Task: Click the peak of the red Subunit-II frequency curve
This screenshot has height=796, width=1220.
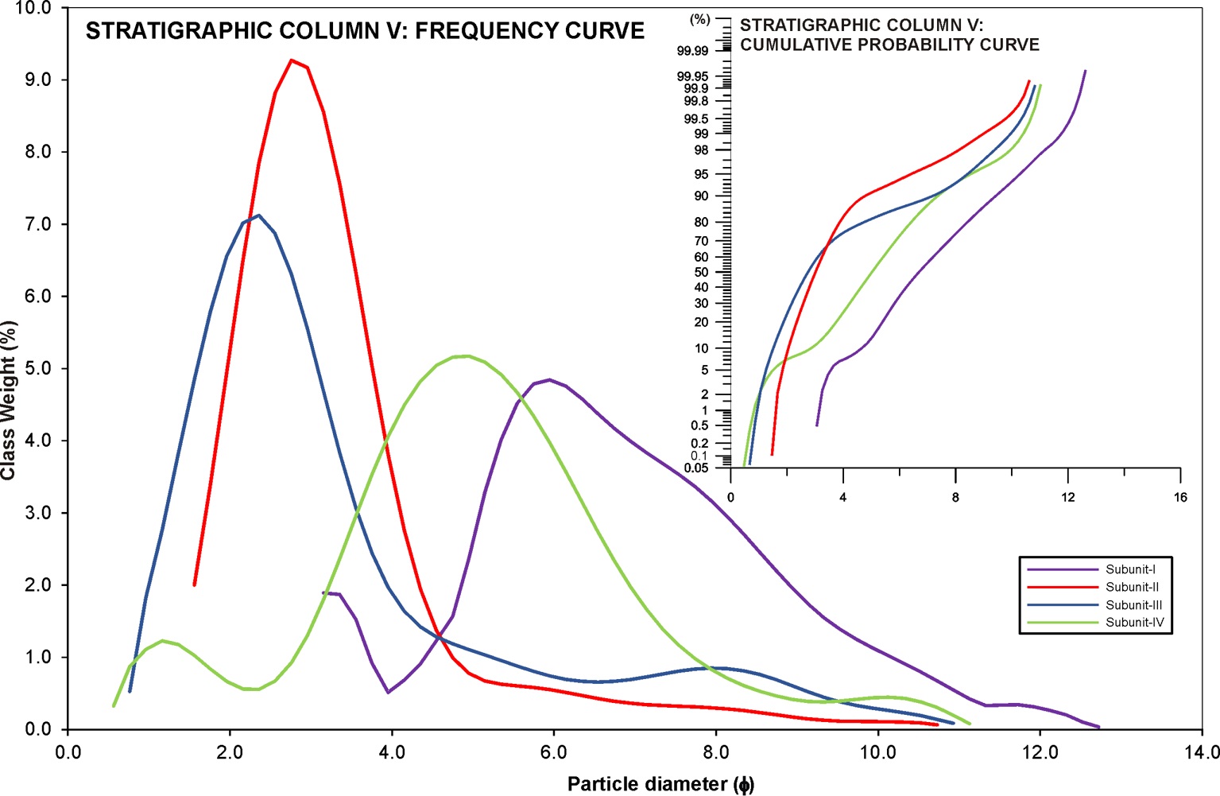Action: [x=292, y=60]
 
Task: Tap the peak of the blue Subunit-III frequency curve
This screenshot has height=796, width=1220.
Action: [x=258, y=215]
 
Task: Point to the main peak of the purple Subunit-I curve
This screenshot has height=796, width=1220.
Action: [x=549, y=379]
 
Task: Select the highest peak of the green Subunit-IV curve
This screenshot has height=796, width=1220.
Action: [x=467, y=355]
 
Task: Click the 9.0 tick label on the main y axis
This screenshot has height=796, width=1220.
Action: [x=34, y=80]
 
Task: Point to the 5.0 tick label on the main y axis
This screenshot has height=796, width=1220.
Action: [x=34, y=368]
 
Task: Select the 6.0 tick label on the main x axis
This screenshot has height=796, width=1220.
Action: [x=553, y=752]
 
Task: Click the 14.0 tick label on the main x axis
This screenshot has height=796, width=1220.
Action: [x=1202, y=752]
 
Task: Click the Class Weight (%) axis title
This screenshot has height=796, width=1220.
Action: [x=9, y=400]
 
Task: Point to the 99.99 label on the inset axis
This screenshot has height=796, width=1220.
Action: [x=692, y=51]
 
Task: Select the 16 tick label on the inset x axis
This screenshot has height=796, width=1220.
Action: [x=1180, y=498]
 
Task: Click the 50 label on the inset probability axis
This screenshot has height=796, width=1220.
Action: [x=701, y=272]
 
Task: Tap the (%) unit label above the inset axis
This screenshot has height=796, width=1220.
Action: [x=700, y=19]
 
